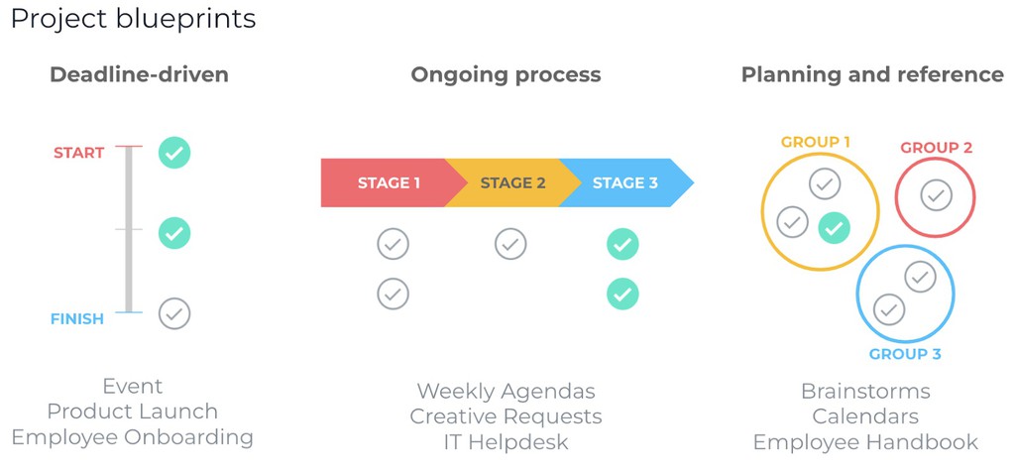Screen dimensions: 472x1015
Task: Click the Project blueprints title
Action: point(133,19)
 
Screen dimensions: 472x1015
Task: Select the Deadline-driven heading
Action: point(139,74)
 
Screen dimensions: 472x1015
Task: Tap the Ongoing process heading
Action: point(506,74)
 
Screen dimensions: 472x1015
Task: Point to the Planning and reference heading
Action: point(872,74)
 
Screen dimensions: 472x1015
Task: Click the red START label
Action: point(79,153)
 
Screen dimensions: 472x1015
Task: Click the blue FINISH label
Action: point(77,319)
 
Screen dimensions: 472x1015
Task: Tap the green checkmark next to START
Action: point(174,153)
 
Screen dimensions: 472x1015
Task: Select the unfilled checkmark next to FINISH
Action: point(174,314)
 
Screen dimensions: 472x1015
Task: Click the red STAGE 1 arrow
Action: point(387,182)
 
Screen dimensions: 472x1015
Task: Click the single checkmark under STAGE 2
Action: point(510,244)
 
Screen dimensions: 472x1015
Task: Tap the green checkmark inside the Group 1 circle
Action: point(835,228)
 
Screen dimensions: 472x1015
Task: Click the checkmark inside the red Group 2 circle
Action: point(936,195)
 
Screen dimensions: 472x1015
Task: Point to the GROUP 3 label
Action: point(905,354)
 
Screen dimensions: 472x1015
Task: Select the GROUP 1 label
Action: point(816,142)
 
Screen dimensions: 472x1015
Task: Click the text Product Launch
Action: point(133,412)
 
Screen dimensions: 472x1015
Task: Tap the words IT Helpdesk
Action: point(506,442)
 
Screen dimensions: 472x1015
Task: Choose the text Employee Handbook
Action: point(865,442)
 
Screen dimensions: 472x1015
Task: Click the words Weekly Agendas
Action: point(506,392)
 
